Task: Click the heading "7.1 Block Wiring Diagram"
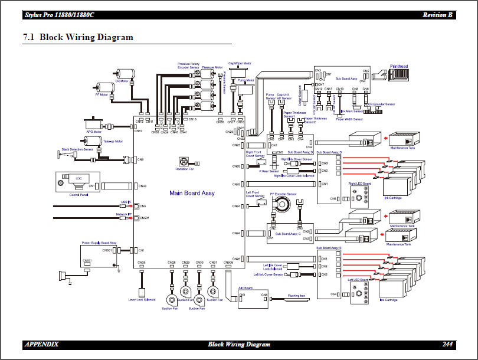78,37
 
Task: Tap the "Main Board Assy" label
192,193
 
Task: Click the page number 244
448,344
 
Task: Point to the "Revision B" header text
437,15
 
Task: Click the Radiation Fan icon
184,161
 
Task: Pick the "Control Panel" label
78,194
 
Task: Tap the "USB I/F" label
125,202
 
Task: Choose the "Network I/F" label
122,214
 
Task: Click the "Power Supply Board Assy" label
99,243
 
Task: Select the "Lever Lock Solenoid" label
142,300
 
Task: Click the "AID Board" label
245,289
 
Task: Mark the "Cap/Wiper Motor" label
240,63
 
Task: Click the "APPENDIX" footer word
41,344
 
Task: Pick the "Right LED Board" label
359,184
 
